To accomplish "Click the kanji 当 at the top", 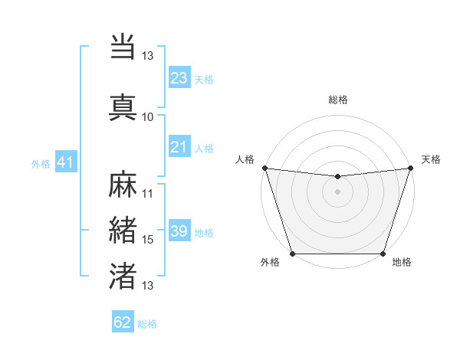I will pos(123,47).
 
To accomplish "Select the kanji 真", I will pos(123,106).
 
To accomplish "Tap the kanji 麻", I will pos(123,185).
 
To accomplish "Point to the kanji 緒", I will pos(123,231).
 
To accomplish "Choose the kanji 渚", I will pos(123,276).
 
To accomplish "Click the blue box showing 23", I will pos(179,78).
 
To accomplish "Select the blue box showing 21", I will pos(179,147).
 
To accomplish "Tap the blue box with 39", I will pos(179,231).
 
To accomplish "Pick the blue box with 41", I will pos(65,162).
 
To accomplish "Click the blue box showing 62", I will pos(123,322).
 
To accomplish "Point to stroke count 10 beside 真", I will pos(148,117).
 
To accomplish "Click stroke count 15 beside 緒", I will pos(148,240).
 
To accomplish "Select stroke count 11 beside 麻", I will pos(148,194).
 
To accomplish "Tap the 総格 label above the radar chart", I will pos(338,100).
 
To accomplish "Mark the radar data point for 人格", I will pos(264,168).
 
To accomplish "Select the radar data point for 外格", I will pos(292,254).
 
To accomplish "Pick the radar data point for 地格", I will pos(383,254).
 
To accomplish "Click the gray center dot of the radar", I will pos(337,191).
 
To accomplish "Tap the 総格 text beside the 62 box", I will pos(147,324).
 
